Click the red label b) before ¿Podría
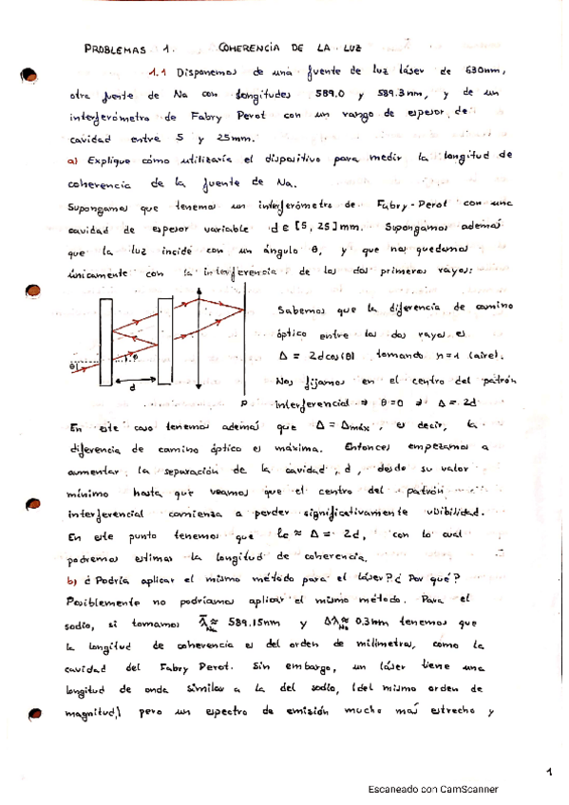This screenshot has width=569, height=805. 72,578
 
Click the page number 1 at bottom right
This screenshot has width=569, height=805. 548,772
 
